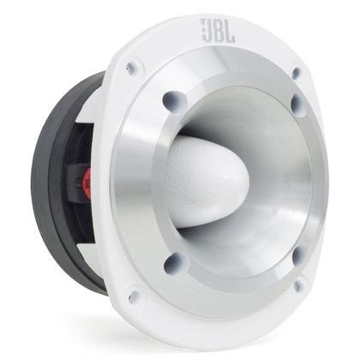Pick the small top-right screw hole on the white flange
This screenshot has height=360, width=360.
pyautogui.click(x=297, y=74)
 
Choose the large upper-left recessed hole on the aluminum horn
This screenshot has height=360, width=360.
pyautogui.click(x=171, y=99)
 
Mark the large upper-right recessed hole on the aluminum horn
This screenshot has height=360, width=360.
pyautogui.click(x=297, y=105)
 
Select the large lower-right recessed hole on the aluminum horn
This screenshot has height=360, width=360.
pyautogui.click(x=297, y=255)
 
